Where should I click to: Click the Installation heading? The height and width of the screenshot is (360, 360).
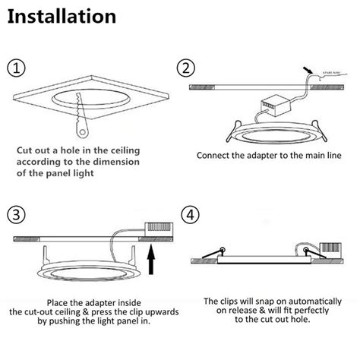point(62,16)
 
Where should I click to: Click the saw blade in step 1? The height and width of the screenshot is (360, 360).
point(81,114)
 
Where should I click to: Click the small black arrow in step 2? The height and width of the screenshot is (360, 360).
point(308,74)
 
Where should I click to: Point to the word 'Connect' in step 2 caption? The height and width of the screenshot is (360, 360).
point(215,156)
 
